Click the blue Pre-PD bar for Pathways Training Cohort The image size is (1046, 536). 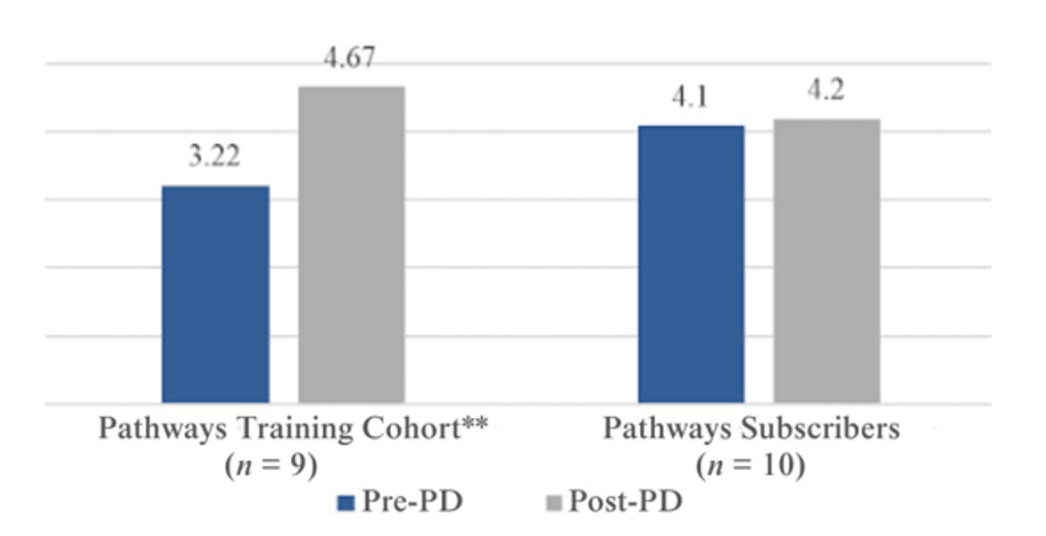[x=215, y=295]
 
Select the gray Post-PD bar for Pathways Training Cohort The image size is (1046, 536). [x=351, y=246]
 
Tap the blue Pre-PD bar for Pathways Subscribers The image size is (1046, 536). [x=691, y=264]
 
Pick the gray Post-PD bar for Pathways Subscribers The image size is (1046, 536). [x=826, y=261]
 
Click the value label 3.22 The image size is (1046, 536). [x=214, y=158]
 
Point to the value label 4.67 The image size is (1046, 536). [x=351, y=59]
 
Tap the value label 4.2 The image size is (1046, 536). [x=826, y=91]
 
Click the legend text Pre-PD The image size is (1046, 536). [x=412, y=503]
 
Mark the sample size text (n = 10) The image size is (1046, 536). [x=750, y=466]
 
